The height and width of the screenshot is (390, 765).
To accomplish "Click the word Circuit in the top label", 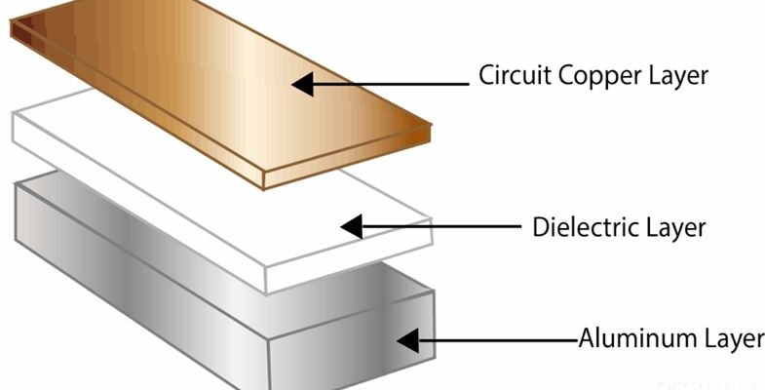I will coord(506,75).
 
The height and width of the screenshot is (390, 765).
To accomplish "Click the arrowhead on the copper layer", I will coord(303,84).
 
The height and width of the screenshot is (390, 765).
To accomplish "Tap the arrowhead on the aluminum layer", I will coord(407,340).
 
